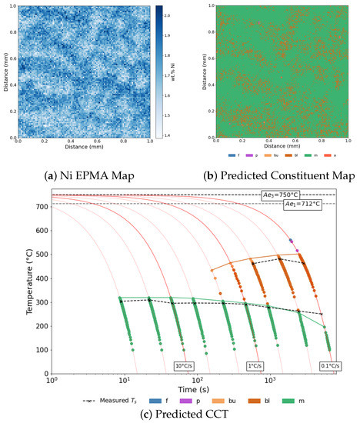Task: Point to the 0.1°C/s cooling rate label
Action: click(326, 365)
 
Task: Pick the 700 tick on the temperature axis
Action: click(38, 207)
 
